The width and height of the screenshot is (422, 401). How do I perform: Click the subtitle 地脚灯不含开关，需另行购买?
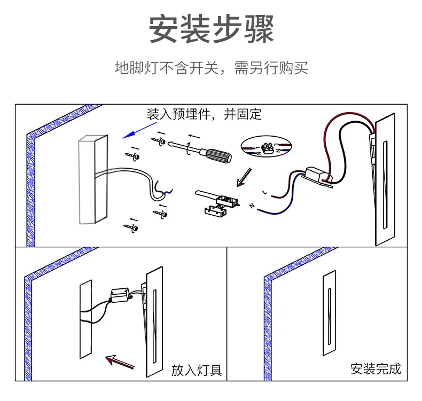(211, 68)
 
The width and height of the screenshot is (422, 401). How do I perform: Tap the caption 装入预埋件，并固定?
(205, 114)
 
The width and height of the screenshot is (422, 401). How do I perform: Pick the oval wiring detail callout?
(267, 146)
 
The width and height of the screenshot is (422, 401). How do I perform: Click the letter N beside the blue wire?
(252, 205)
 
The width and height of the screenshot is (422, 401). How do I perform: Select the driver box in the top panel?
(316, 176)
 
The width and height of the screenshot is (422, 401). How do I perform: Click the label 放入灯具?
(197, 369)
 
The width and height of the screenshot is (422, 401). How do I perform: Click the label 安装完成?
(376, 368)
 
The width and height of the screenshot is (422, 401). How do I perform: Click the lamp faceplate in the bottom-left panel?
(154, 320)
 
